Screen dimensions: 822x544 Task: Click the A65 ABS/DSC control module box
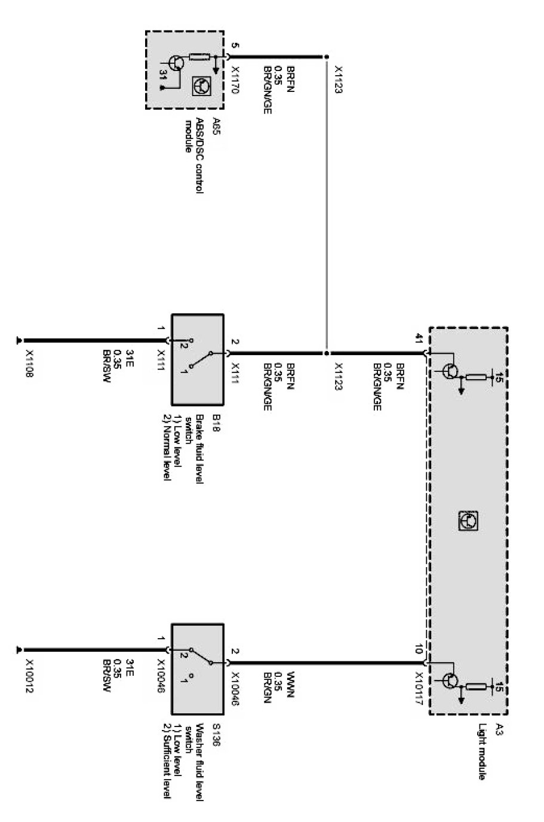pyautogui.click(x=185, y=70)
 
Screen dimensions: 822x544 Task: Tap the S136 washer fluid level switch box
pyautogui.click(x=198, y=669)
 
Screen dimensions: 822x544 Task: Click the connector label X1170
pyautogui.click(x=235, y=78)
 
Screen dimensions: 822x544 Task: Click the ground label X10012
pyautogui.click(x=29, y=677)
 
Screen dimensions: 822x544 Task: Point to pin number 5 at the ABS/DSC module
pyautogui.click(x=235, y=45)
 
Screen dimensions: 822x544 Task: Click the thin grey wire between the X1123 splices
pyautogui.click(x=327, y=203)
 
